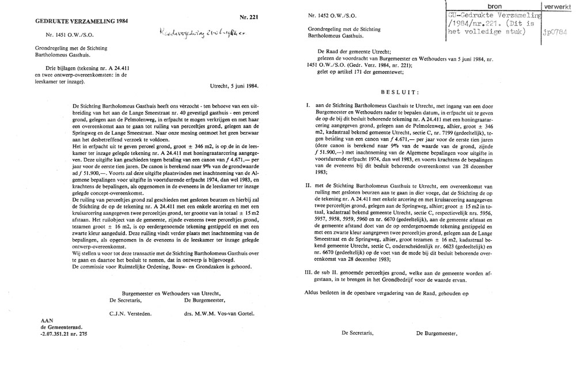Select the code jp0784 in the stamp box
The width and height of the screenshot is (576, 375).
point(555,32)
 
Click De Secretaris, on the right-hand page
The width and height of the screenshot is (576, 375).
point(357,333)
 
